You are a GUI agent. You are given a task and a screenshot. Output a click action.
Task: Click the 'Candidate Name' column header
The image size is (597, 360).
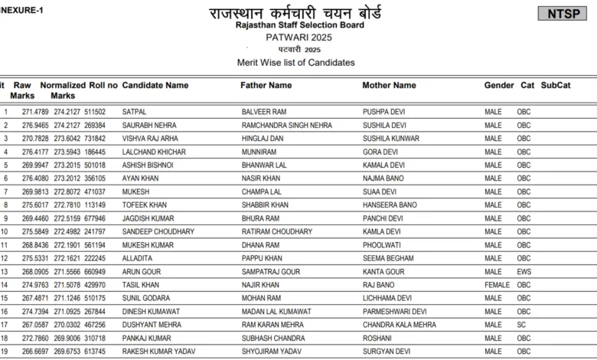[x=155, y=85]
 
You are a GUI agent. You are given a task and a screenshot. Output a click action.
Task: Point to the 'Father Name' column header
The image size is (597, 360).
[x=266, y=85]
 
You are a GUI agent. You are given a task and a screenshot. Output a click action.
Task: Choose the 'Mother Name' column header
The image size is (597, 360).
[x=389, y=85]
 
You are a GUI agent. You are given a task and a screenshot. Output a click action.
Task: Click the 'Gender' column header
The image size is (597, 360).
[x=499, y=85]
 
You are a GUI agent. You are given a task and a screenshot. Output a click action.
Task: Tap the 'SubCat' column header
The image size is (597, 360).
[x=556, y=85]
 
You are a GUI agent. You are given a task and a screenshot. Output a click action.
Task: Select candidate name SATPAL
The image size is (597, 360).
[x=134, y=112]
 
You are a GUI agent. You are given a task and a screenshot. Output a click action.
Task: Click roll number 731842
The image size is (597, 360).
[x=95, y=139]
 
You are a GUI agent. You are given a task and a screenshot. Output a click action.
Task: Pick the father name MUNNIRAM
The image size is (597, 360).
[x=258, y=152]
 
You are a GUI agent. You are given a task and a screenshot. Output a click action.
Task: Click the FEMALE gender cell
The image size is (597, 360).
[x=497, y=285]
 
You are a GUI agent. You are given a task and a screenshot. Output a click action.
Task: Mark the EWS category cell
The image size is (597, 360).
[x=524, y=272]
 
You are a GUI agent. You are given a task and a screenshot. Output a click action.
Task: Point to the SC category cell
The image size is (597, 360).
[x=521, y=325]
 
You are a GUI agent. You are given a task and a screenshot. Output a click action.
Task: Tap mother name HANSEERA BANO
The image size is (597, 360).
[x=390, y=205]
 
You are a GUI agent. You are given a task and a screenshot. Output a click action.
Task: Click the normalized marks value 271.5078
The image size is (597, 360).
[x=67, y=285]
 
